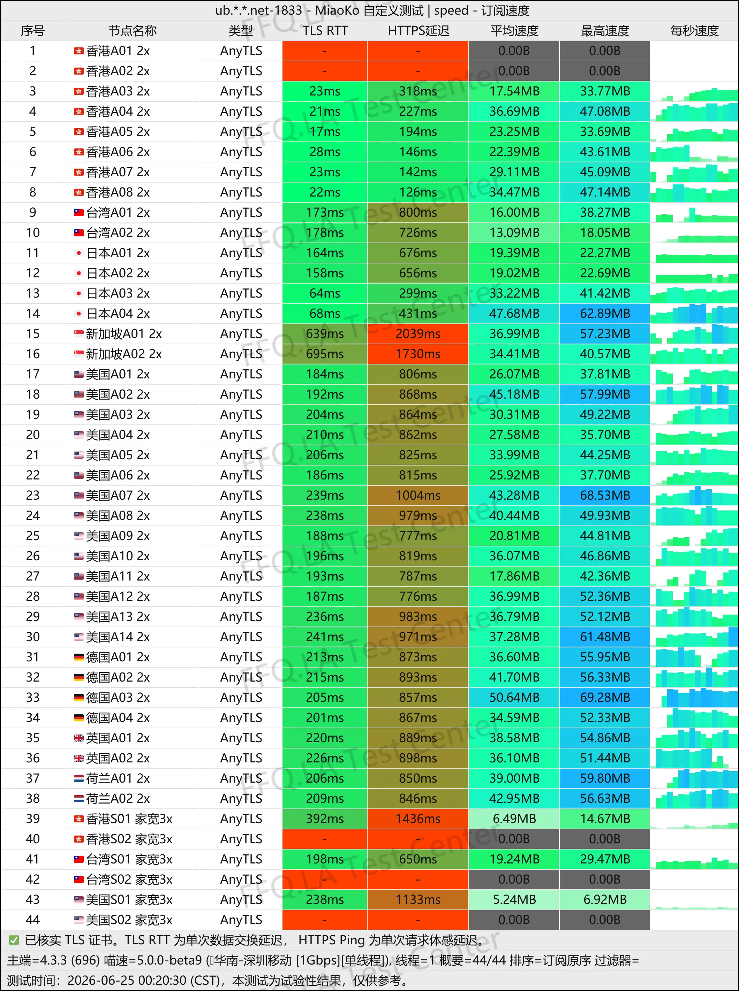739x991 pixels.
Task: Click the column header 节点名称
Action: pyautogui.click(x=133, y=31)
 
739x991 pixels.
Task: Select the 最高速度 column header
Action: pyautogui.click(x=604, y=31)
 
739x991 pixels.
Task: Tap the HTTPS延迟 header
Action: pyautogui.click(x=418, y=31)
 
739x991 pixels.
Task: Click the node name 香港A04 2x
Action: pyautogui.click(x=118, y=111)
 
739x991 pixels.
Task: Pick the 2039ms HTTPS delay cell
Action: pyautogui.click(x=418, y=333)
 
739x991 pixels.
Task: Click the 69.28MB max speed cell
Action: pyautogui.click(x=604, y=697)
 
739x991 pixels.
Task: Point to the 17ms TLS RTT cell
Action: pyautogui.click(x=325, y=132)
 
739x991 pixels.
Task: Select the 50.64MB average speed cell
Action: pyautogui.click(x=514, y=697)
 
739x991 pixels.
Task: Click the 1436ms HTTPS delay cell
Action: pyautogui.click(x=418, y=819)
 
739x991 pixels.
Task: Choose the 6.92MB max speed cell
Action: pyautogui.click(x=604, y=899)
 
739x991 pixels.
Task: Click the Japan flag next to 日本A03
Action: pyautogui.click(x=79, y=293)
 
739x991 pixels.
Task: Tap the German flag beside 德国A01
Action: pyautogui.click(x=79, y=657)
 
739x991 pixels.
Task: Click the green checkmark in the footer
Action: pyautogui.click(x=14, y=940)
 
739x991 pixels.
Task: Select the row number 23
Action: pyautogui.click(x=33, y=495)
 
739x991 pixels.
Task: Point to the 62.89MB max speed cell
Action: pyautogui.click(x=604, y=313)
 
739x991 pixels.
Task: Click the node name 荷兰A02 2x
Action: pyautogui.click(x=118, y=798)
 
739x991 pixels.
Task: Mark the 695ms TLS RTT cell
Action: pyautogui.click(x=325, y=354)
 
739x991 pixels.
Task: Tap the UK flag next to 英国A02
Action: pyautogui.click(x=79, y=758)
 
